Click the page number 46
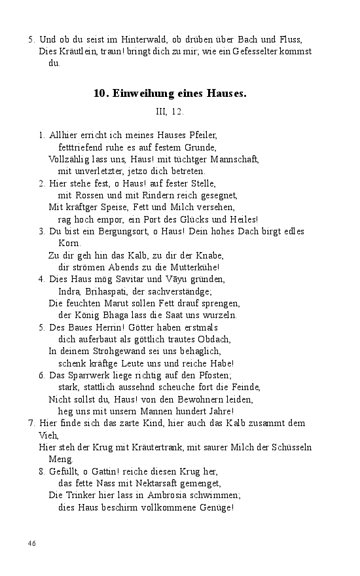[x=32, y=543]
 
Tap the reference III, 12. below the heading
[x=170, y=113]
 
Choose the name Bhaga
[x=120, y=315]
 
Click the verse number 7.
[x=31, y=423]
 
